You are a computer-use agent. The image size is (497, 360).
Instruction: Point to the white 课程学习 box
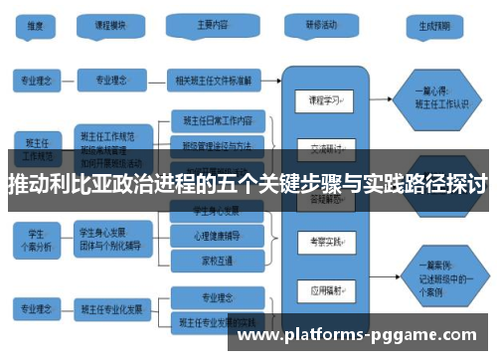(x=325, y=101)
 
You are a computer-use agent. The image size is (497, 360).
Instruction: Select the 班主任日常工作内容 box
(x=219, y=120)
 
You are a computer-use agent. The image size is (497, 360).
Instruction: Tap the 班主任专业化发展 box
(x=117, y=308)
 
